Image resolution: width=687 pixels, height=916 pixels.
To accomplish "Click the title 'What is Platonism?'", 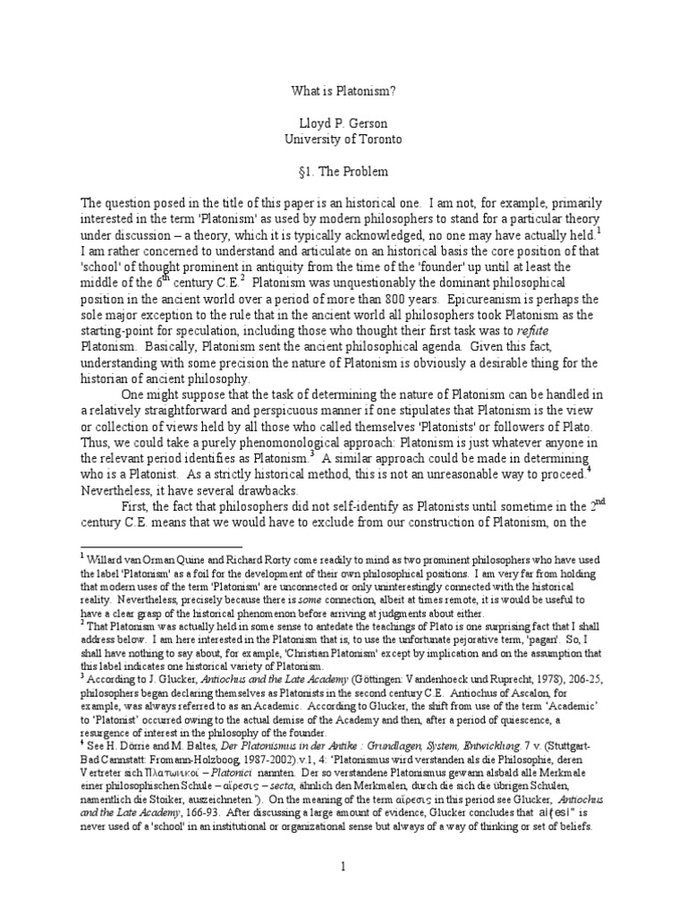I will tap(343, 90).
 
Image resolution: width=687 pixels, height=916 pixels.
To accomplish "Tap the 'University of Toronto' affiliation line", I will tap(343, 140).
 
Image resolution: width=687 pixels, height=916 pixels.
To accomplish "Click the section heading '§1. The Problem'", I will tap(343, 171).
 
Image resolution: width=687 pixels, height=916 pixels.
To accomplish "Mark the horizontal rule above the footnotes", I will tap(161, 546).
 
